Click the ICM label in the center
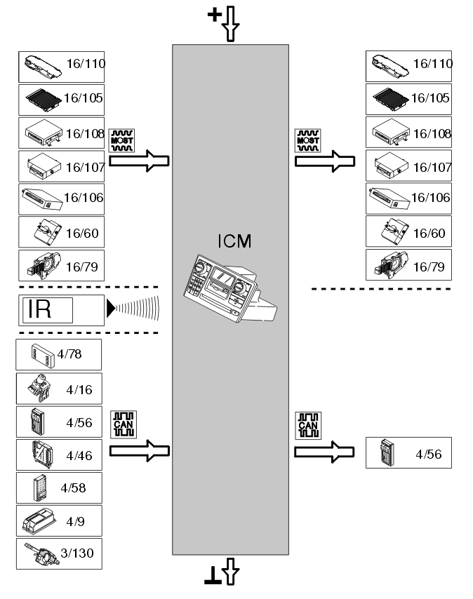(234, 243)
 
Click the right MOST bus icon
(307, 141)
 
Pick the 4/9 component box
(60, 521)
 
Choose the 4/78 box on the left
(60, 355)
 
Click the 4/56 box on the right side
(409, 453)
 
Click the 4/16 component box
(60, 388)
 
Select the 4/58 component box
(60, 487)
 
